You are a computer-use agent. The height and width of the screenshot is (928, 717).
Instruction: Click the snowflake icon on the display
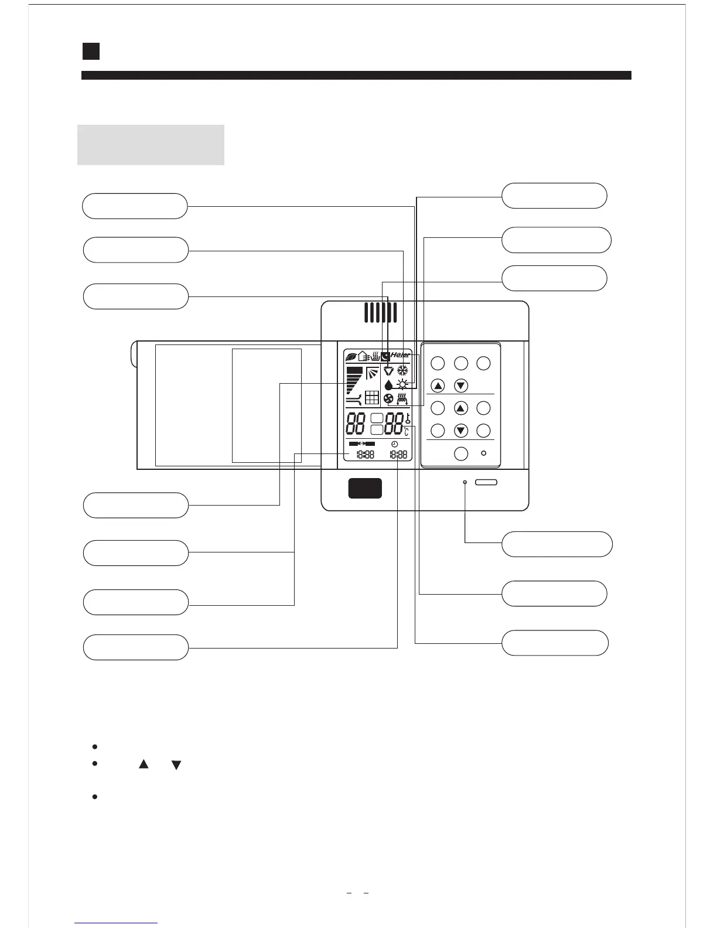pyautogui.click(x=402, y=370)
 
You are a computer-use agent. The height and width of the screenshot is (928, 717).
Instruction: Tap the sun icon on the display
pyautogui.click(x=402, y=384)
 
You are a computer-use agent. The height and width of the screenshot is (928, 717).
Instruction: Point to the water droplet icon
pyautogui.click(x=388, y=385)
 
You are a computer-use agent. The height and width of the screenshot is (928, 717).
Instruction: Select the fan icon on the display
pyautogui.click(x=388, y=399)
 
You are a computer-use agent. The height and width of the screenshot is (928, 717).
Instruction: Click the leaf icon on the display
pyautogui.click(x=351, y=356)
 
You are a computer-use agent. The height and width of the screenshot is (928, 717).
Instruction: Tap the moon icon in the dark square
pyautogui.click(x=385, y=356)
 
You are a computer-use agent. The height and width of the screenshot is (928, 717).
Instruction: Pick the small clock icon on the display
pyautogui.click(x=395, y=444)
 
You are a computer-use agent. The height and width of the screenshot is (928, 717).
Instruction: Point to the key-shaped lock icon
pyautogui.click(x=408, y=419)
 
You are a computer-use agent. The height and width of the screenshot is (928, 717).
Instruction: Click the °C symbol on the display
pyautogui.click(x=406, y=432)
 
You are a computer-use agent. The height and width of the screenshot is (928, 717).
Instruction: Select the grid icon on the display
pyautogui.click(x=371, y=398)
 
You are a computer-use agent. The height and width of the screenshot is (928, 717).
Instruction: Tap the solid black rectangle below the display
pyautogui.click(x=365, y=488)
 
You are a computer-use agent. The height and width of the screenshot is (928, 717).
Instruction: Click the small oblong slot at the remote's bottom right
pyautogui.click(x=486, y=482)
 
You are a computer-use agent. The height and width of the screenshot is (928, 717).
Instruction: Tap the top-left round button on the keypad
pyautogui.click(x=438, y=363)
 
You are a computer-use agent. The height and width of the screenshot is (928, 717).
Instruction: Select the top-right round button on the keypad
pyautogui.click(x=483, y=363)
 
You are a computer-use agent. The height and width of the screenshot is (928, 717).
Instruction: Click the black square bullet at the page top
pyautogui.click(x=91, y=51)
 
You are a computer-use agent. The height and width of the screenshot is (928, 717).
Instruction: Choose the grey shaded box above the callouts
pyautogui.click(x=151, y=145)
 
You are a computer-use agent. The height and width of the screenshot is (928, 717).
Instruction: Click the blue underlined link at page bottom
pyautogui.click(x=117, y=922)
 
